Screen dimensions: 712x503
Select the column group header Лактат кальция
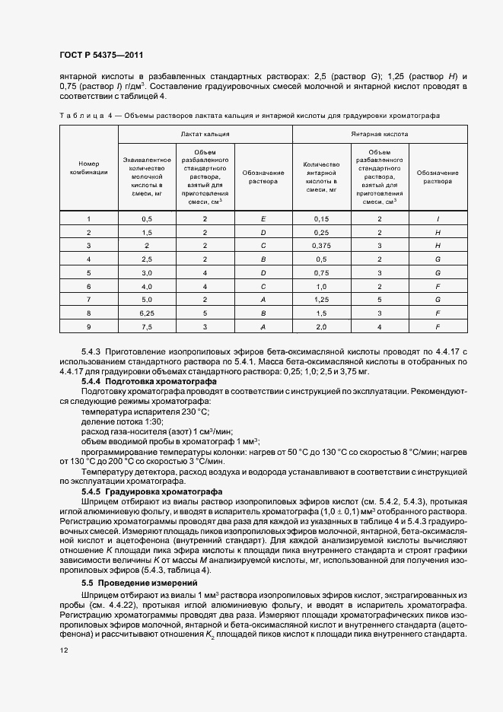point(205,133)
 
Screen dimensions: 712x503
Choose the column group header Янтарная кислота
point(379,133)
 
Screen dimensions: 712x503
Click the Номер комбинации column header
point(89,167)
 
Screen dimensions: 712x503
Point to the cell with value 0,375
point(320,245)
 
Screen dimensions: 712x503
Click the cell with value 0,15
point(320,218)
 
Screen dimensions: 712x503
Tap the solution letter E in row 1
point(263,218)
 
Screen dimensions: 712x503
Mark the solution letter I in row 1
point(438,218)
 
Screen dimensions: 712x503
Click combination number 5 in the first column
point(89,272)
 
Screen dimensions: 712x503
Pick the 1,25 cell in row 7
point(320,299)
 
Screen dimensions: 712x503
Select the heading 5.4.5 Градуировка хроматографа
point(151,491)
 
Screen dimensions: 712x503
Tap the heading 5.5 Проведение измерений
point(138,582)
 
